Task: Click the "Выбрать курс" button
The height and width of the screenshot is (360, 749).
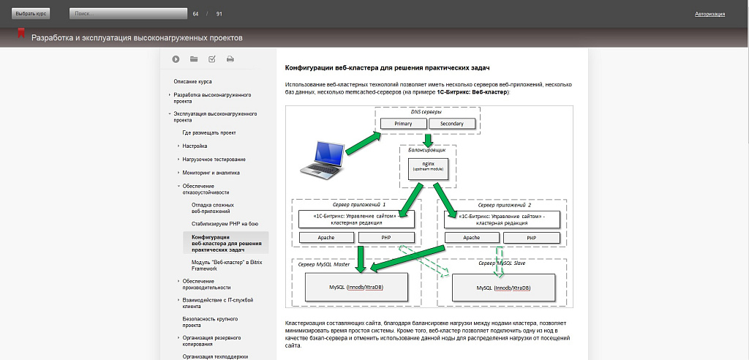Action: pos(30,14)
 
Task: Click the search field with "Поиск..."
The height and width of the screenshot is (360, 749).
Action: pos(128,14)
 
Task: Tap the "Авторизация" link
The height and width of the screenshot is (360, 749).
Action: pos(710,14)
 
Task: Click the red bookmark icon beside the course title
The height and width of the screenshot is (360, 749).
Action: pos(22,34)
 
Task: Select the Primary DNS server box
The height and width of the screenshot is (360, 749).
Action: pos(403,124)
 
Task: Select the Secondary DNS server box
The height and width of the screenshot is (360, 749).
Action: pos(452,124)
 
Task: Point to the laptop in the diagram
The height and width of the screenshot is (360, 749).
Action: pos(323,160)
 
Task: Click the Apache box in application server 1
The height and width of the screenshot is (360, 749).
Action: pos(325,238)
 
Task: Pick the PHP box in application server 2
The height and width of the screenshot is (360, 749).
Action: pos(532,238)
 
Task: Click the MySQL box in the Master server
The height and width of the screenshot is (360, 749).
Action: pos(356,288)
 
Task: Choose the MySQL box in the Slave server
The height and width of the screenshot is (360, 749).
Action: pos(503,288)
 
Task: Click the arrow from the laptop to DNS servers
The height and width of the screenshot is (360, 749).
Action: pos(360,143)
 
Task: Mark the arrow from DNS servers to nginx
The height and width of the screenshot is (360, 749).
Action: pos(428,139)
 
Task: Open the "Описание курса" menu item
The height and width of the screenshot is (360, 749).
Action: pos(192,81)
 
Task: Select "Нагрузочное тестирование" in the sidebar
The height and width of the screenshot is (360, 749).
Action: pos(214,160)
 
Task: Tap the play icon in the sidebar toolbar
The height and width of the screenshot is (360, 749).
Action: pos(176,59)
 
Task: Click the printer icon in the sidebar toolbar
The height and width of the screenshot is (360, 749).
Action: pos(230,59)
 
